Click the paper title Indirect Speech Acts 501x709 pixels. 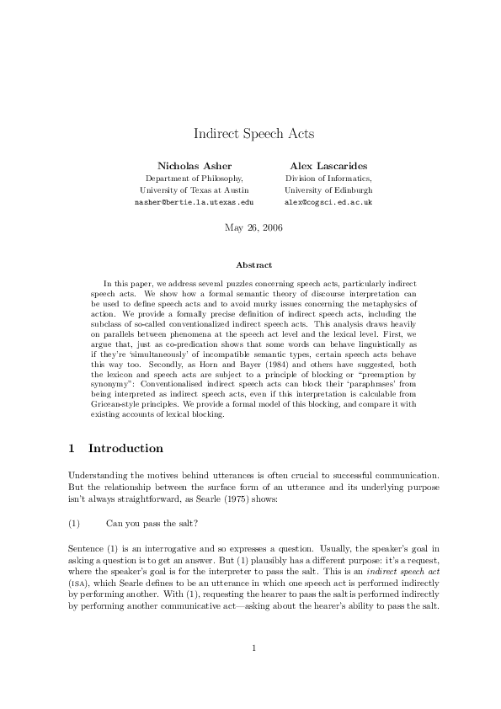[x=250, y=134]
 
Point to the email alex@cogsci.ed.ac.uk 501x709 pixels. [x=328, y=203]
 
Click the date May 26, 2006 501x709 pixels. [x=250, y=227]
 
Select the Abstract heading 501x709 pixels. [x=250, y=265]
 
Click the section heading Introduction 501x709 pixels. [x=125, y=448]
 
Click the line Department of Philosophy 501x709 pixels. [x=195, y=179]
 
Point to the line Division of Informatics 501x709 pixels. [x=328, y=179]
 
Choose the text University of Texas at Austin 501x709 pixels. [x=195, y=190]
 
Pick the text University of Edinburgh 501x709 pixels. [x=328, y=190]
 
